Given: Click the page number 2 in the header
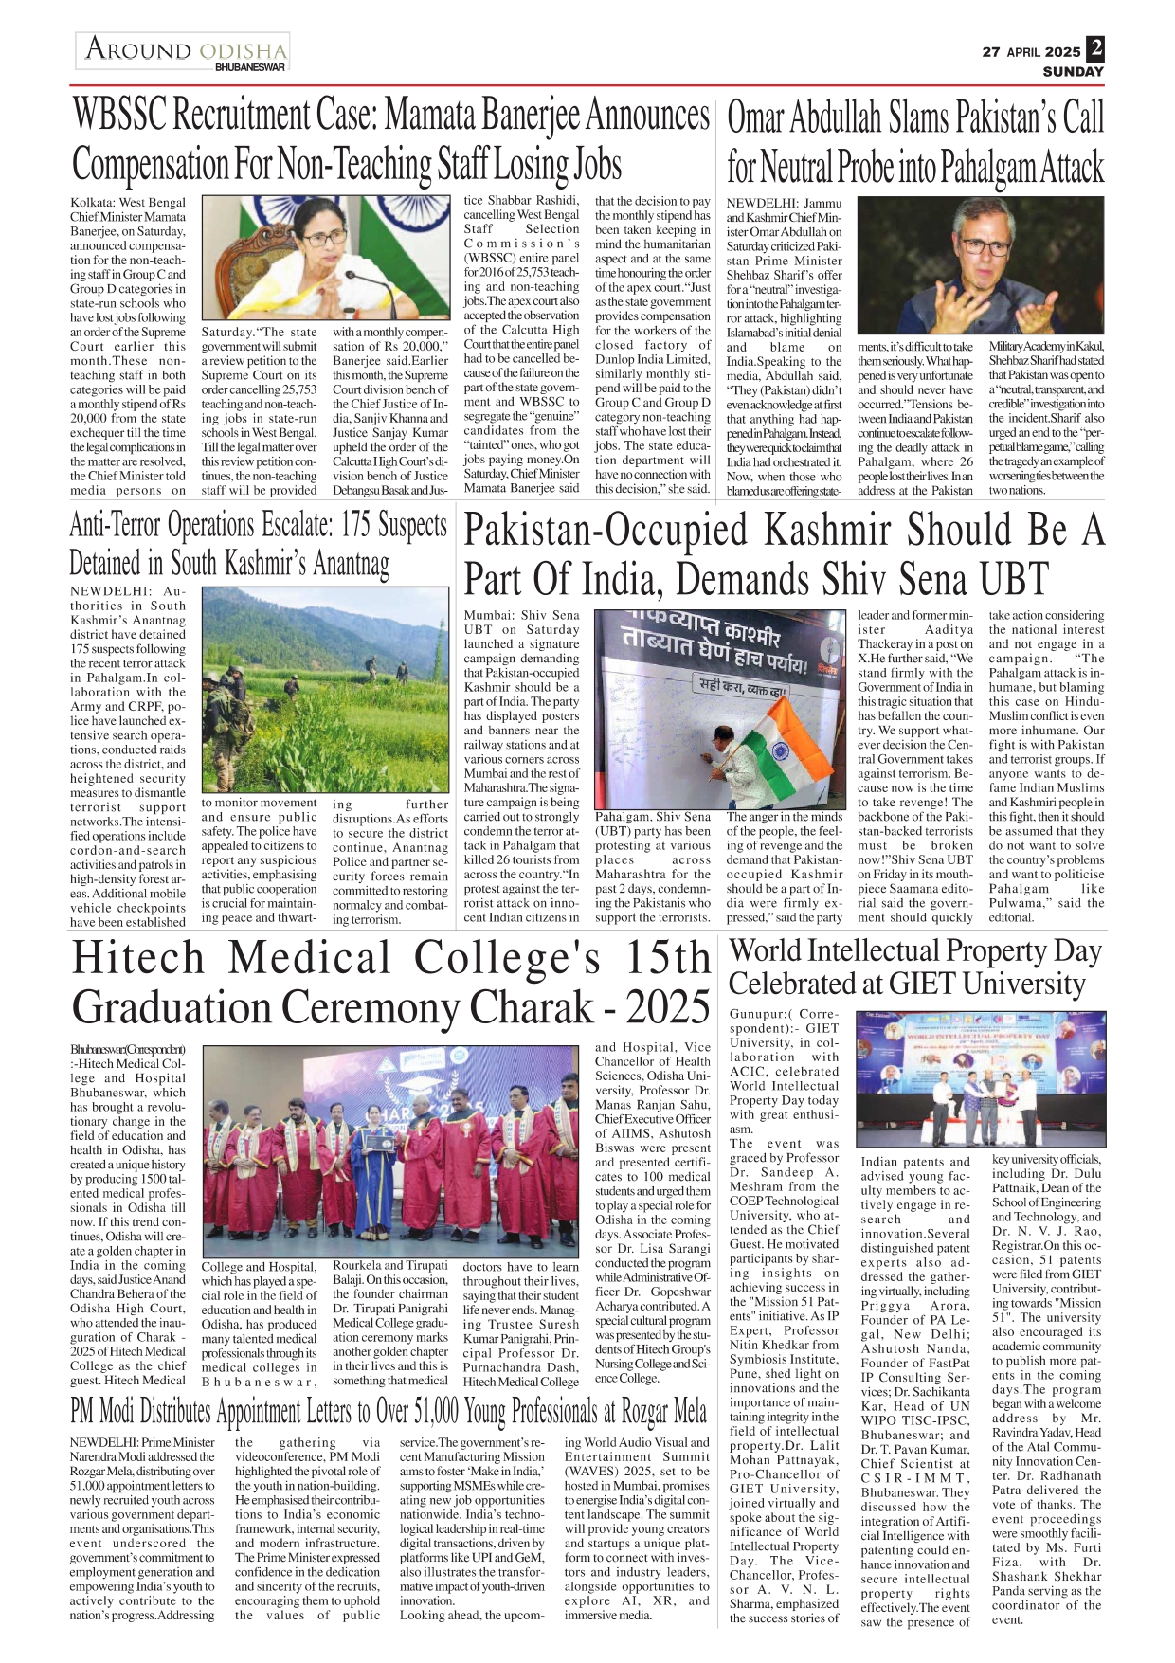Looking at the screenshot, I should (x=1094, y=48).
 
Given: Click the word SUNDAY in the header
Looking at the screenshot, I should (x=1073, y=72).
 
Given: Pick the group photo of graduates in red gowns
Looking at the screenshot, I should (x=389, y=1150).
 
